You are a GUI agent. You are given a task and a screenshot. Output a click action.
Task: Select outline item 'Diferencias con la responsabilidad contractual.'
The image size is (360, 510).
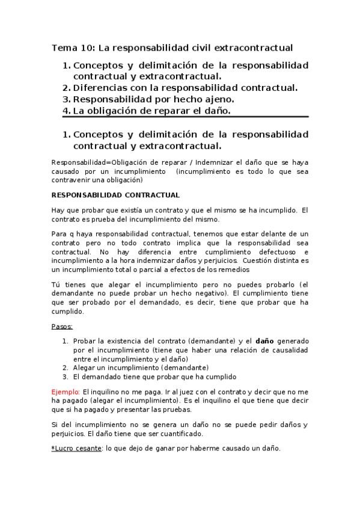[185, 88]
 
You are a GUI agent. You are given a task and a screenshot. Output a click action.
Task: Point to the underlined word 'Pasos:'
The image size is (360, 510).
[63, 327]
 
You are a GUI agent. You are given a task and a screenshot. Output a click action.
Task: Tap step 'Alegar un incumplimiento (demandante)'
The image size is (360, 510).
[141, 367]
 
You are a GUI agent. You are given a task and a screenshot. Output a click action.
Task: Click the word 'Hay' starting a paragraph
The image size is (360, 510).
[59, 210]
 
